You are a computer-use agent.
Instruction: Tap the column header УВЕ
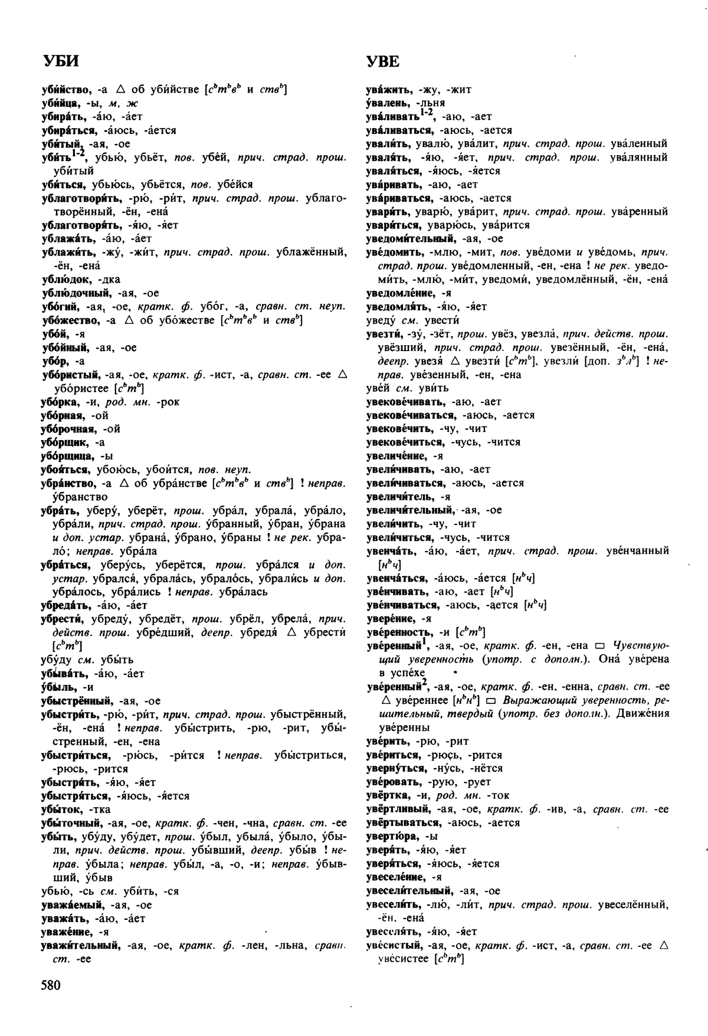click(x=383, y=61)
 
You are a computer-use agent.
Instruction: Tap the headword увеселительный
click(x=409, y=891)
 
